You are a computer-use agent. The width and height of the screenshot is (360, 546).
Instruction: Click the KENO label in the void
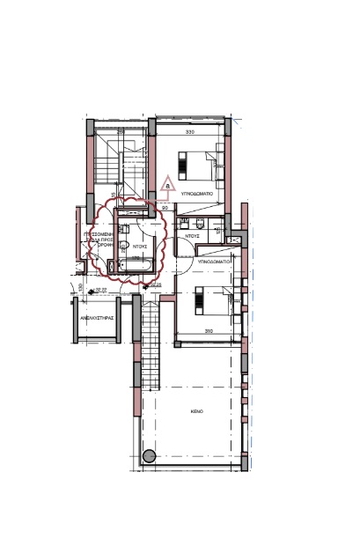[x=196, y=411]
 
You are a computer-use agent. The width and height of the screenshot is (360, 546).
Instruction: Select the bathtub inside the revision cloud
[x=136, y=264]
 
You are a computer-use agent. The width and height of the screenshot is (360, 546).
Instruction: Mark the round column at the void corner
[x=148, y=456]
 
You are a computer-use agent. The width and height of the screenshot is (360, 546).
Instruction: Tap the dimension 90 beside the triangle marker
[x=165, y=209]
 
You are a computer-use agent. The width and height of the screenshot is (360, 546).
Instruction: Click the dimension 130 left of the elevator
[x=80, y=287]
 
